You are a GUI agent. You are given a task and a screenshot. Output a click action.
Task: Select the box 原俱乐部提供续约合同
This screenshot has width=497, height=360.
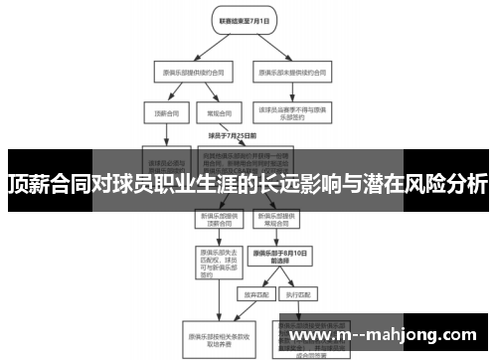point(185,72)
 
